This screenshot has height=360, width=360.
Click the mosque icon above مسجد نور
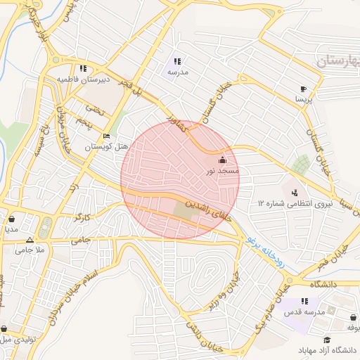click(x=224, y=160)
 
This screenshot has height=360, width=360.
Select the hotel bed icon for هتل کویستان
click(x=106, y=136)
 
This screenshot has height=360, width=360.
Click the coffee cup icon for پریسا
click(x=303, y=89)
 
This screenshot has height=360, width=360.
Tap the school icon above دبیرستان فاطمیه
click(x=83, y=69)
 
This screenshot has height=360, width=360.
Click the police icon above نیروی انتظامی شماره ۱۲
click(x=294, y=193)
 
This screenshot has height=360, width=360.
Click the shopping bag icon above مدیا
click(x=11, y=219)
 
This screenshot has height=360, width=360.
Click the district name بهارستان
click(x=337, y=62)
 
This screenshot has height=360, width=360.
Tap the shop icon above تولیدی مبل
click(x=4, y=328)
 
